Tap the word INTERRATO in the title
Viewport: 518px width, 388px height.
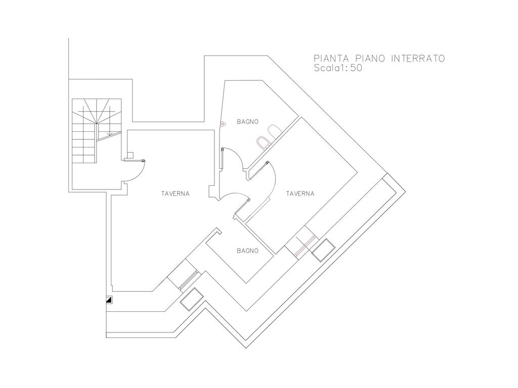coord(418,59)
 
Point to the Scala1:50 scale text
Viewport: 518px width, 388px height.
coord(338,68)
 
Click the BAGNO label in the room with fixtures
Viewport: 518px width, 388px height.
coord(247,122)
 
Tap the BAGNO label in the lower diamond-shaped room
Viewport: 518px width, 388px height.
coord(247,251)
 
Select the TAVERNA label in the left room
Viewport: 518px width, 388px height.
coord(176,193)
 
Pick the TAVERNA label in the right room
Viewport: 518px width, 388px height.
coord(300,193)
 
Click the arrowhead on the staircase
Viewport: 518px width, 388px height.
coord(110,133)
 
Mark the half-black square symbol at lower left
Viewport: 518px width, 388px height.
coord(109,300)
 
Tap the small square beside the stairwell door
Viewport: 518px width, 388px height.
coord(130,155)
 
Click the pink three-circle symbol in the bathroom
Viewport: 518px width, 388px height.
coord(224,124)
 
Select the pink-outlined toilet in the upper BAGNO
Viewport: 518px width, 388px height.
coord(263,142)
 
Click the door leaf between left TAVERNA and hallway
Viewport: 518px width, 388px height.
coord(242,207)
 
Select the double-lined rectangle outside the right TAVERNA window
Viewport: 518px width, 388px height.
coord(323,250)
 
